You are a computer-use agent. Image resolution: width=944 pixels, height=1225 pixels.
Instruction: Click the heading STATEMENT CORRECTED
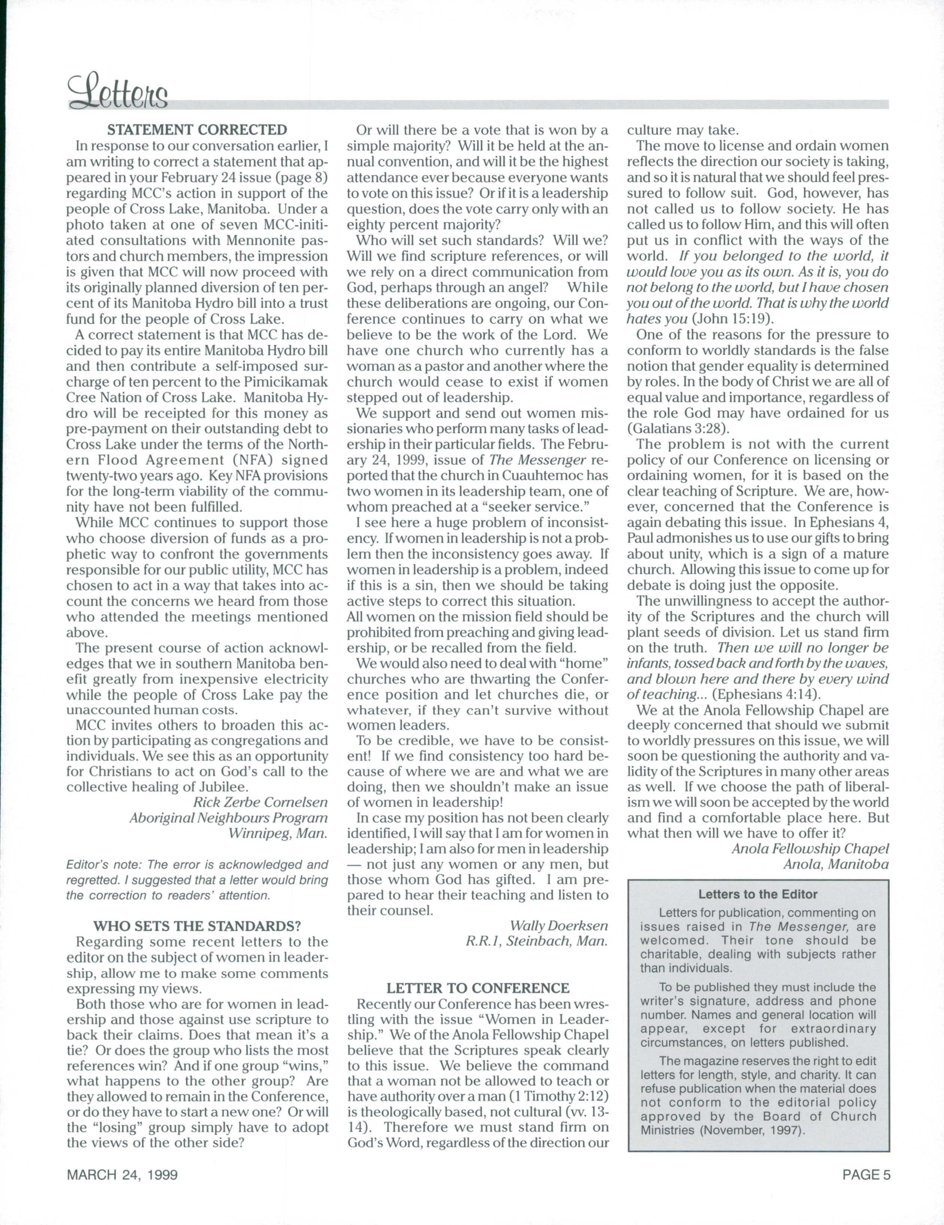point(197,130)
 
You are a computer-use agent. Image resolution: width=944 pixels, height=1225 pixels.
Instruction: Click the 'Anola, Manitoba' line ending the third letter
point(836,864)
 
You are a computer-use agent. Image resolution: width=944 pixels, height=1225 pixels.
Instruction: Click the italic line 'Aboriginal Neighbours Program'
point(228,818)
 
